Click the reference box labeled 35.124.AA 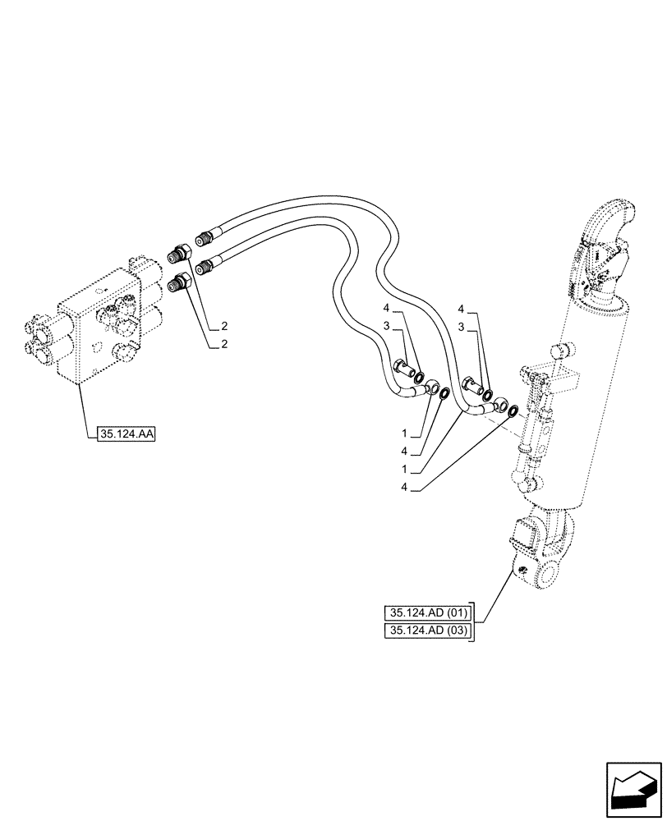click(126, 435)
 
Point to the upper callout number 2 click(223, 326)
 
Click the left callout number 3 click(386, 328)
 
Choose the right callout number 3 click(462, 328)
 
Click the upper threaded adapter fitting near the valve click(181, 254)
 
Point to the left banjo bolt click(402, 368)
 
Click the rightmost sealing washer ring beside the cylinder click(513, 410)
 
